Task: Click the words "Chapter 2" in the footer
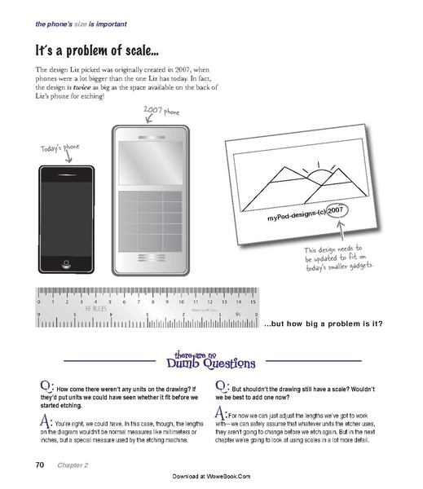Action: tap(72, 465)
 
